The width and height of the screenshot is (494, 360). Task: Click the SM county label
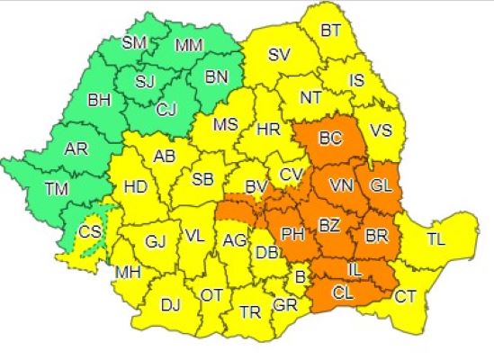[x=136, y=43]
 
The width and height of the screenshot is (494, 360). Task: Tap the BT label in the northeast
[x=331, y=31]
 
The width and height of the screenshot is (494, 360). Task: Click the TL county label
[x=436, y=239]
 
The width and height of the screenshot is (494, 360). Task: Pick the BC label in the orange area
[x=331, y=139]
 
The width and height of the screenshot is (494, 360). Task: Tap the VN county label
[x=341, y=185]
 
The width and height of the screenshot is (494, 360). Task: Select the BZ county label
[x=329, y=220]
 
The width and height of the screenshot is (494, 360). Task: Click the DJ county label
[x=171, y=305]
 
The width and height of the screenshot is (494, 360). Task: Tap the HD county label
[x=134, y=188]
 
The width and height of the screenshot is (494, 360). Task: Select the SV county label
[x=280, y=55]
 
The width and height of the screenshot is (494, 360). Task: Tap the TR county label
[x=250, y=312]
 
